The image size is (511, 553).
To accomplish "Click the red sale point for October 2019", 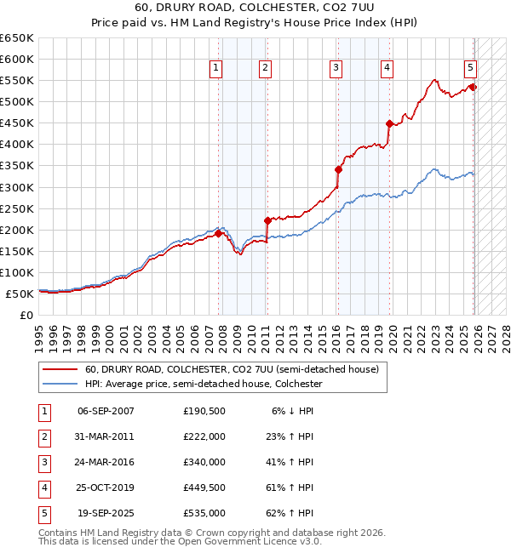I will tap(388, 123).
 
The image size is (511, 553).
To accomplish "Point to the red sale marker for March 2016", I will tap(338, 169).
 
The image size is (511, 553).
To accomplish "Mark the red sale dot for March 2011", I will tap(267, 220).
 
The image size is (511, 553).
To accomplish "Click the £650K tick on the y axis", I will tap(17, 38).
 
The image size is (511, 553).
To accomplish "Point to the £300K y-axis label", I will tap(17, 187).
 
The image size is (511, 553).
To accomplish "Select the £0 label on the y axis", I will tap(27, 315).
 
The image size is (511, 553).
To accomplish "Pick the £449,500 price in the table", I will tap(204, 487).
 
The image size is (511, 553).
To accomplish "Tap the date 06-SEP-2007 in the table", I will tap(106, 411).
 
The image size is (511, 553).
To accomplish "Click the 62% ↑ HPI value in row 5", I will tap(293, 513).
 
